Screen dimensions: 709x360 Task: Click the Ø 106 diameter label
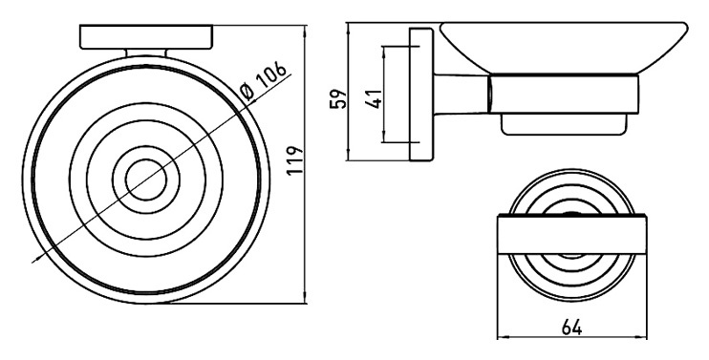264,80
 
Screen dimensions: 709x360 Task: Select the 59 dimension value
338,98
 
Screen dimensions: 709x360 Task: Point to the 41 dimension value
374,96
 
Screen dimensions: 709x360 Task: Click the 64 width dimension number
572,327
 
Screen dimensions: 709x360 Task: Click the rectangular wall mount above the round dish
146,37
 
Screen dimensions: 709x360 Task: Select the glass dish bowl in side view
564,48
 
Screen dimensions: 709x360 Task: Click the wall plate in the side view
421,95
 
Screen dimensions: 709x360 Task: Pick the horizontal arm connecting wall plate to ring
462,94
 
